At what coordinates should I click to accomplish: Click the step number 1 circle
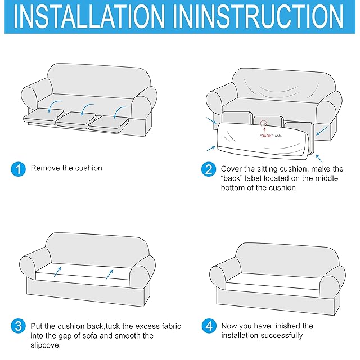18,169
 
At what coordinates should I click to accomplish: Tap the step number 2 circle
209,169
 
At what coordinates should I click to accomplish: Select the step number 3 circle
18,326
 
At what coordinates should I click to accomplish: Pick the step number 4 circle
209,326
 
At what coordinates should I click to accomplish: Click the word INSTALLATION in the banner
89,17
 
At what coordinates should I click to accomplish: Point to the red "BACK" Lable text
271,136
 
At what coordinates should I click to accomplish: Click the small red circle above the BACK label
264,124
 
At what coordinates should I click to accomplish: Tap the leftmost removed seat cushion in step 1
44,115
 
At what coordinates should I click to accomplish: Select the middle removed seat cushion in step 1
76,120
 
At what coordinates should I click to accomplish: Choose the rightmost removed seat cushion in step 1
108,124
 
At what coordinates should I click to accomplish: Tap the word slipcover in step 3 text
46,345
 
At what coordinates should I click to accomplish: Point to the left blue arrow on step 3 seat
57,272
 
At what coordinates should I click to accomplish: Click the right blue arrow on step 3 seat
109,274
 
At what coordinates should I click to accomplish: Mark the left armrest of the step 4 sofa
222,277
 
